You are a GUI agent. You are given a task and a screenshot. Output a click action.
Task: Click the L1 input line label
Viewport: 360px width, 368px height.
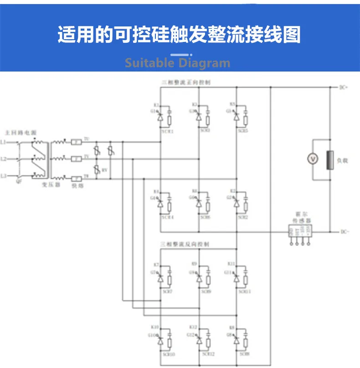[4, 142]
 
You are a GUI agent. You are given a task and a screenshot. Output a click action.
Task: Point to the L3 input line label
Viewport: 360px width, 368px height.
[4, 175]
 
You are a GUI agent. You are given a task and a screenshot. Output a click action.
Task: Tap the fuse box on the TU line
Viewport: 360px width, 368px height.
[77, 142]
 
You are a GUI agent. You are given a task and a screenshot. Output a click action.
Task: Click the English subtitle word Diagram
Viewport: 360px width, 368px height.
[205, 62]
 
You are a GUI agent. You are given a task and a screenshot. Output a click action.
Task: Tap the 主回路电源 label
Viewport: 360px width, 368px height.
[21, 132]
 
